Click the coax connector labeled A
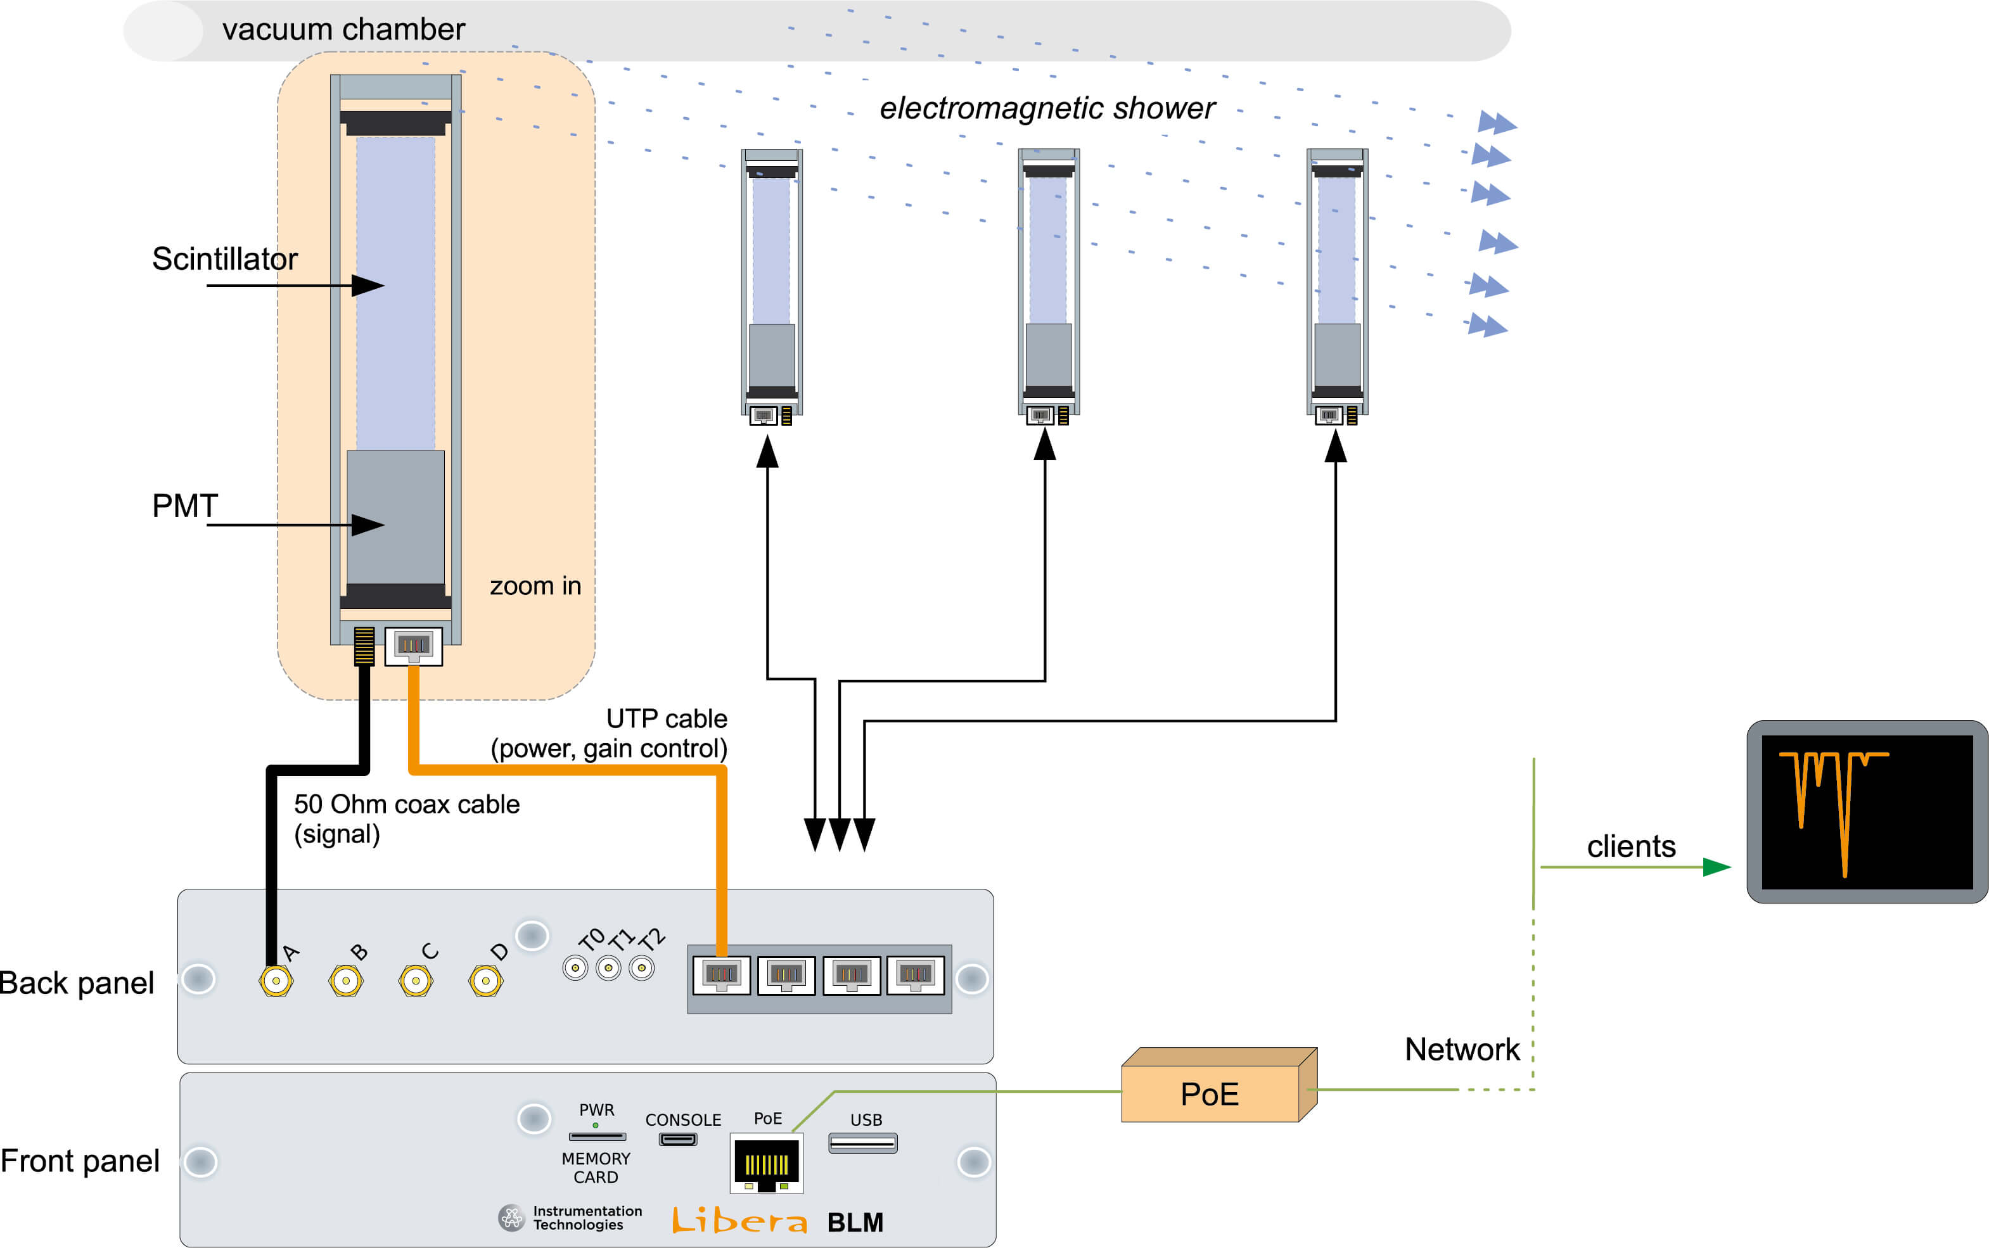coord(276,981)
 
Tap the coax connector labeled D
coord(485,981)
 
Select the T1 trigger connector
coord(608,967)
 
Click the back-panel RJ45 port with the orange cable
coord(721,975)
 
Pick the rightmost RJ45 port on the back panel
coord(915,975)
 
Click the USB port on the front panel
coord(862,1143)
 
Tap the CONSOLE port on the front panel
coord(677,1139)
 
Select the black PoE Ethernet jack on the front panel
coord(767,1164)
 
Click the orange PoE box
coord(1210,1093)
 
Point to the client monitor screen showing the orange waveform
coord(1867,812)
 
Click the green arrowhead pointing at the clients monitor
coord(1717,867)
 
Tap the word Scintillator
coord(224,259)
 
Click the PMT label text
coord(185,505)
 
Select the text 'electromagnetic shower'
coord(1047,108)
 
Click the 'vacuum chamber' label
coord(343,30)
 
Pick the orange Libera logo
coord(739,1220)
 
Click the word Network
coord(1462,1049)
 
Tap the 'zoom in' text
coord(535,586)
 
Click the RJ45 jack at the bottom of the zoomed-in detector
coord(414,646)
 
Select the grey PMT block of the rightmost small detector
coord(1337,355)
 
